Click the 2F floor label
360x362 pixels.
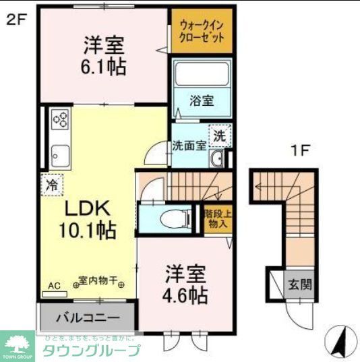tap(16, 20)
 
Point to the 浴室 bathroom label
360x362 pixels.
tap(201, 101)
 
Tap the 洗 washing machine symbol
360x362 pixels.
tap(220, 135)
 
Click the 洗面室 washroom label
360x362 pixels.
tap(189, 144)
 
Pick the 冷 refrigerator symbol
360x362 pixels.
tap(52, 183)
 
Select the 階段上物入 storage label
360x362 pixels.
tap(216, 219)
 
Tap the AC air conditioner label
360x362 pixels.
tap(54, 286)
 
